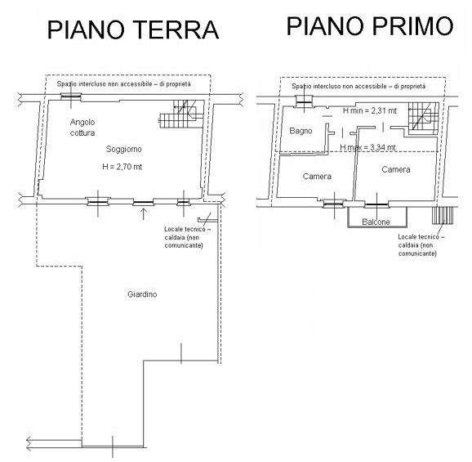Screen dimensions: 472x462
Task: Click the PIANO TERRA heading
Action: (x=133, y=29)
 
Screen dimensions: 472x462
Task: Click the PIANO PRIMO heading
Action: (x=370, y=26)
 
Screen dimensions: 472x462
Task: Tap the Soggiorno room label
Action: (x=124, y=149)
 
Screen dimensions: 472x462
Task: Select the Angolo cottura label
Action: (x=82, y=128)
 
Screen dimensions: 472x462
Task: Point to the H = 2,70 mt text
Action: (x=122, y=167)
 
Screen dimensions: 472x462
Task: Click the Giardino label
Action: (x=142, y=294)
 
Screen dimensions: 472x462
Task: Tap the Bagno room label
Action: (x=301, y=131)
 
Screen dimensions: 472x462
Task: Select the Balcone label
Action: (x=376, y=222)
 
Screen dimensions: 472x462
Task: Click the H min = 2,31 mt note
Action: (x=370, y=110)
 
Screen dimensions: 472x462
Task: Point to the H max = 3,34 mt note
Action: (x=367, y=147)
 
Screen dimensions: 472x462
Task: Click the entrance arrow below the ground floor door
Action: (x=143, y=213)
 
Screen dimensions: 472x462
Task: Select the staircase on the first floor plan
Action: (x=423, y=118)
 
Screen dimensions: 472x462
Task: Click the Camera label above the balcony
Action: (x=395, y=169)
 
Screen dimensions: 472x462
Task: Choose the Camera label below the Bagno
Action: (x=317, y=177)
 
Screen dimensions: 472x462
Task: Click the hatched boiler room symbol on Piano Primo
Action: (x=443, y=216)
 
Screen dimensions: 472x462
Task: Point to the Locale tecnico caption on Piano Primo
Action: (x=421, y=245)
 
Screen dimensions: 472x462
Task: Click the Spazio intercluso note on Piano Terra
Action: (x=124, y=83)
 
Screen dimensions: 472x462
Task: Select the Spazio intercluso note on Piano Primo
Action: (x=358, y=86)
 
